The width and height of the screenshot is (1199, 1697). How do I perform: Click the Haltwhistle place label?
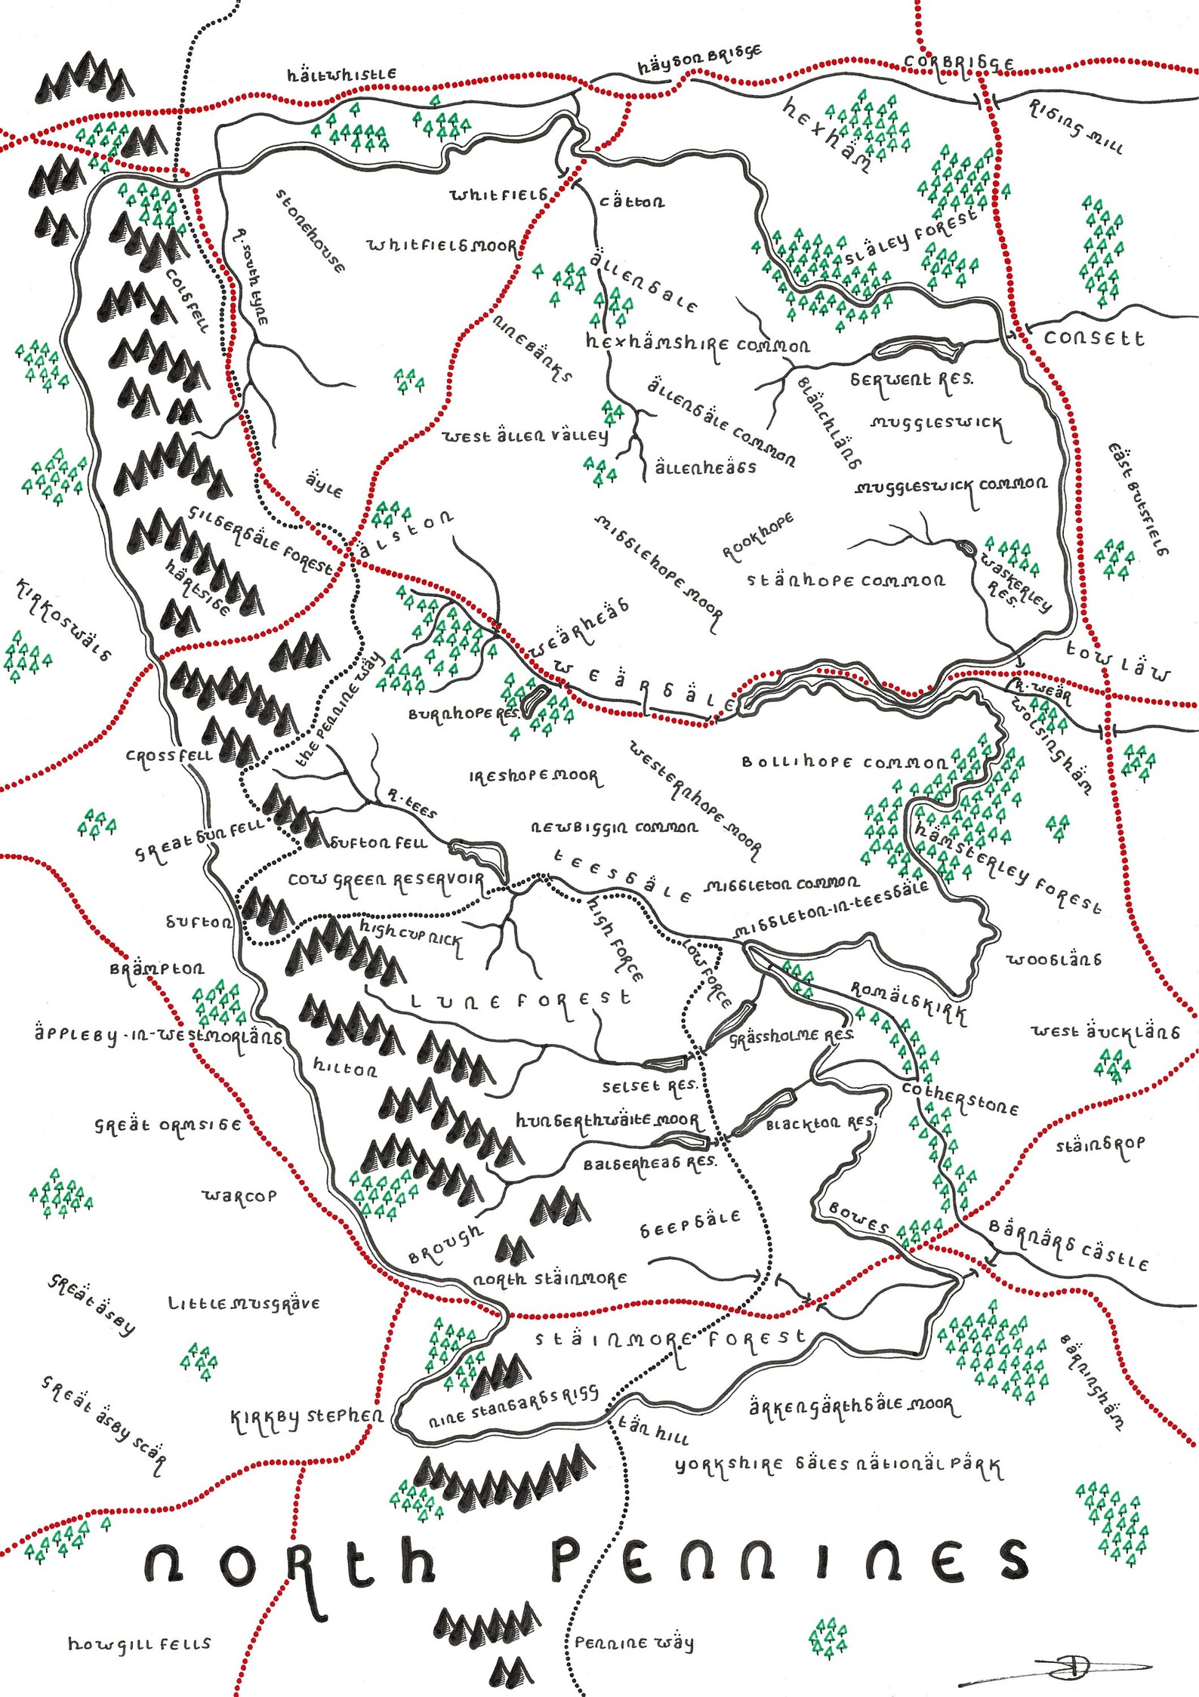coord(341,75)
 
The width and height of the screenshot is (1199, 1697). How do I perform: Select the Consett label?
coord(1093,338)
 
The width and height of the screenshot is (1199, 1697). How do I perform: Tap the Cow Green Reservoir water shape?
coord(483,855)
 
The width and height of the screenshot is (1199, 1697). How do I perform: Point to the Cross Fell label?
coord(169,756)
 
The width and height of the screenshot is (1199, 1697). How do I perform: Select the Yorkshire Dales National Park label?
coord(838,1466)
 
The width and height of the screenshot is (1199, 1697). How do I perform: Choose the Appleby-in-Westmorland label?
coord(157,1034)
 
